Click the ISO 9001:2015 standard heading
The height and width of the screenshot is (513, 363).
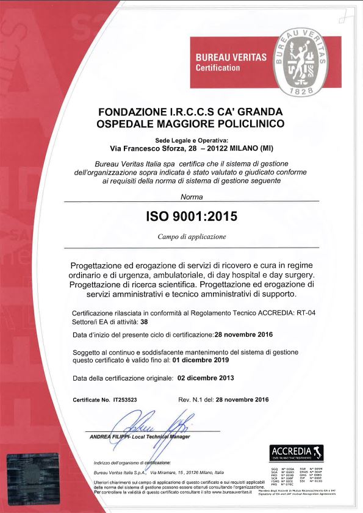point(191,216)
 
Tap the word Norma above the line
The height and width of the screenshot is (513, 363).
point(191,196)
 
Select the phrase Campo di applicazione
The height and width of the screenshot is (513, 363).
point(192,236)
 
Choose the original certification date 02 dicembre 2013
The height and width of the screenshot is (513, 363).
point(205,378)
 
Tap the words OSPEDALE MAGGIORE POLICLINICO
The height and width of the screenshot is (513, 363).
point(191,124)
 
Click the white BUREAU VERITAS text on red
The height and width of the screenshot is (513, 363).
point(231,57)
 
